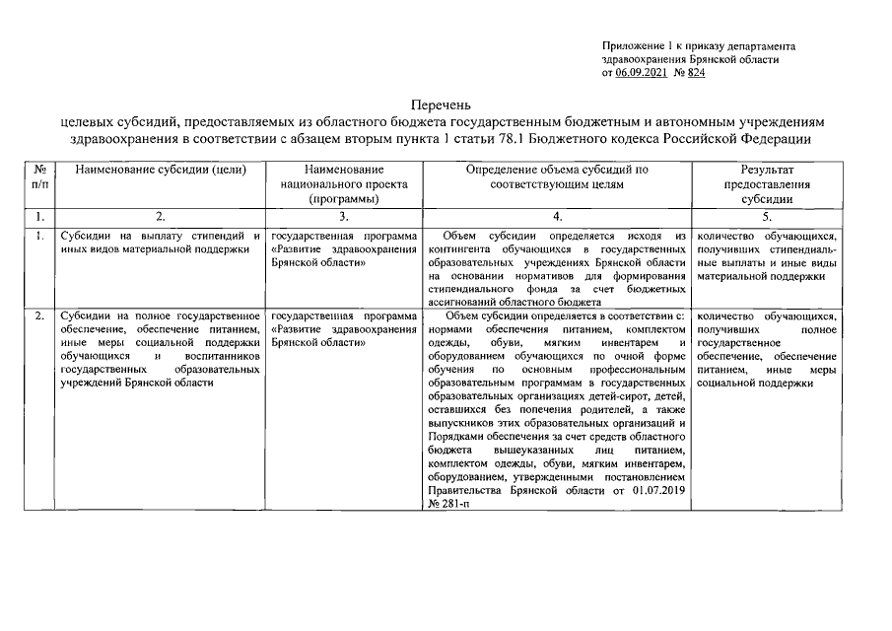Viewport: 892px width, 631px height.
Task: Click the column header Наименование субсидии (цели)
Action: [x=160, y=170]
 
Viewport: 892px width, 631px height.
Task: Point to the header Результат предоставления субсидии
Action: [x=766, y=183]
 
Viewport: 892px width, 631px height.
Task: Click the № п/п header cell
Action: [x=38, y=176]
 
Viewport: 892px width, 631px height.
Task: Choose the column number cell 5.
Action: [x=766, y=216]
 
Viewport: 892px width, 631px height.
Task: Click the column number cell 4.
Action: [x=557, y=216]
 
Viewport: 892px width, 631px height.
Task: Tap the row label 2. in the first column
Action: [x=38, y=316]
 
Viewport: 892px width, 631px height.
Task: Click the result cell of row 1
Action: [x=766, y=256]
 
